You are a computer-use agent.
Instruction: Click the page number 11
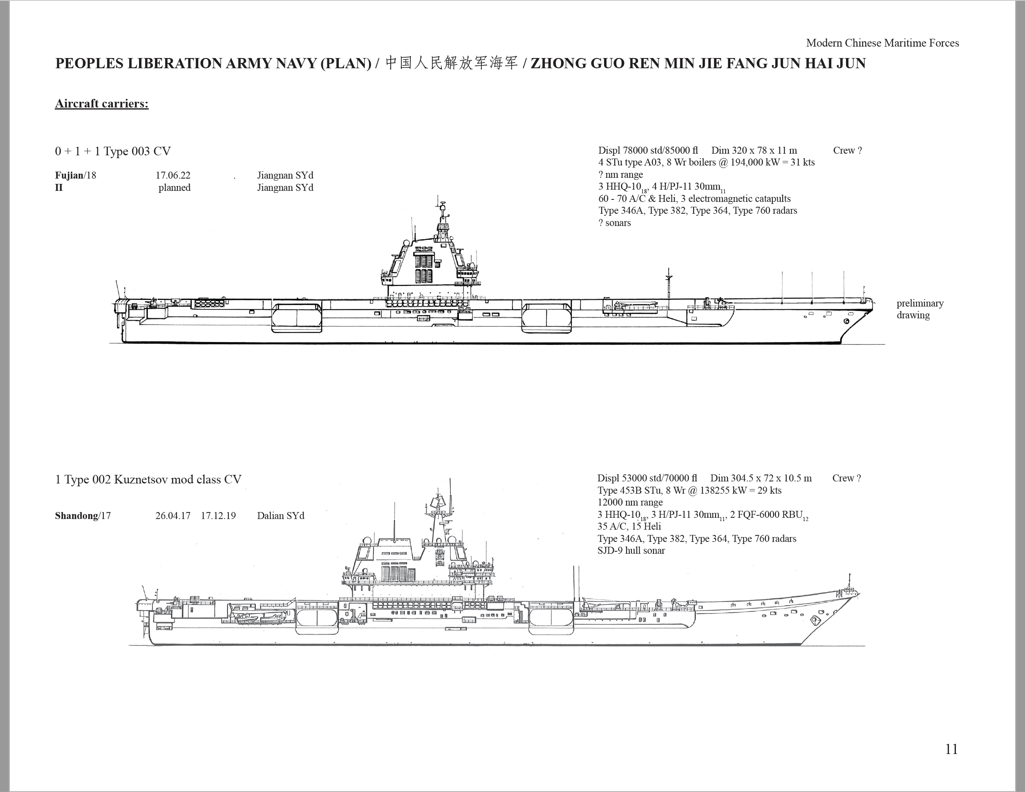click(x=951, y=749)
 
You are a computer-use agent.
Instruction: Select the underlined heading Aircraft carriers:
click(x=102, y=104)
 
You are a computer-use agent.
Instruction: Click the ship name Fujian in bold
click(x=69, y=175)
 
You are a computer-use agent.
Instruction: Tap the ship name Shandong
click(x=76, y=516)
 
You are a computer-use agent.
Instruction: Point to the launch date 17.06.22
click(x=173, y=175)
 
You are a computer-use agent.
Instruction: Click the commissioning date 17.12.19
click(x=218, y=516)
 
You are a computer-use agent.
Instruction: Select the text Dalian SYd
click(x=281, y=516)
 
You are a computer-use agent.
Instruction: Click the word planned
click(x=175, y=188)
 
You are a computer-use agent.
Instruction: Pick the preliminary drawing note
click(x=920, y=309)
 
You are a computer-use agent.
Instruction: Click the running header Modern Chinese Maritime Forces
click(x=882, y=43)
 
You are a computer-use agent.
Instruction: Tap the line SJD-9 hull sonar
click(x=631, y=550)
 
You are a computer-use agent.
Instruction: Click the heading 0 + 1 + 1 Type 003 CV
click(x=113, y=151)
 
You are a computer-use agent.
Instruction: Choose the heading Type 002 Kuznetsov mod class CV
click(x=153, y=479)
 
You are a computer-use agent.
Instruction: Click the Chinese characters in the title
click(x=452, y=63)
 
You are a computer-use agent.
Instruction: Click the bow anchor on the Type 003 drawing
click(x=846, y=321)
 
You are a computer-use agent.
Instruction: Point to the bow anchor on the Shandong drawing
click(x=815, y=620)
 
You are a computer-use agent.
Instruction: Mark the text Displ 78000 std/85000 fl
click(x=648, y=151)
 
